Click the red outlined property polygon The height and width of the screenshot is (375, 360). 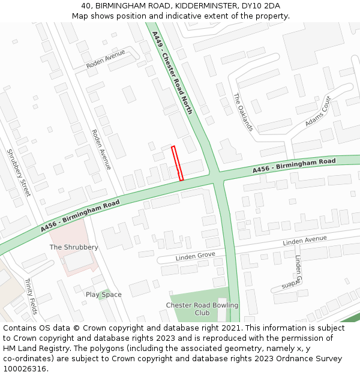click(x=177, y=163)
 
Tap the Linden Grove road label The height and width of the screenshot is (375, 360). click(x=195, y=257)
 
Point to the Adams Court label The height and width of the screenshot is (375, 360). click(x=318, y=112)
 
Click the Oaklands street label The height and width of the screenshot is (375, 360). click(x=244, y=112)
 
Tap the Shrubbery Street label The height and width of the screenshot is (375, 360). click(x=18, y=172)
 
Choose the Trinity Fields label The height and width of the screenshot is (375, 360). click(x=31, y=296)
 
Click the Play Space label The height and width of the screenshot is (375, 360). click(x=103, y=295)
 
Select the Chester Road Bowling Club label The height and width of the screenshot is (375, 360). click(x=202, y=309)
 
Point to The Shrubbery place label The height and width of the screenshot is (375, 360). click(x=74, y=247)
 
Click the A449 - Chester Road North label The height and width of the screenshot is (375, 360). click(x=172, y=73)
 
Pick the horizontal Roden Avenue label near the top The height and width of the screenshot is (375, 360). click(x=106, y=59)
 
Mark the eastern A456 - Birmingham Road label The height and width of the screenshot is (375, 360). click(x=294, y=166)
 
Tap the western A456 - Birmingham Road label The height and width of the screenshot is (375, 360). click(x=80, y=216)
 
